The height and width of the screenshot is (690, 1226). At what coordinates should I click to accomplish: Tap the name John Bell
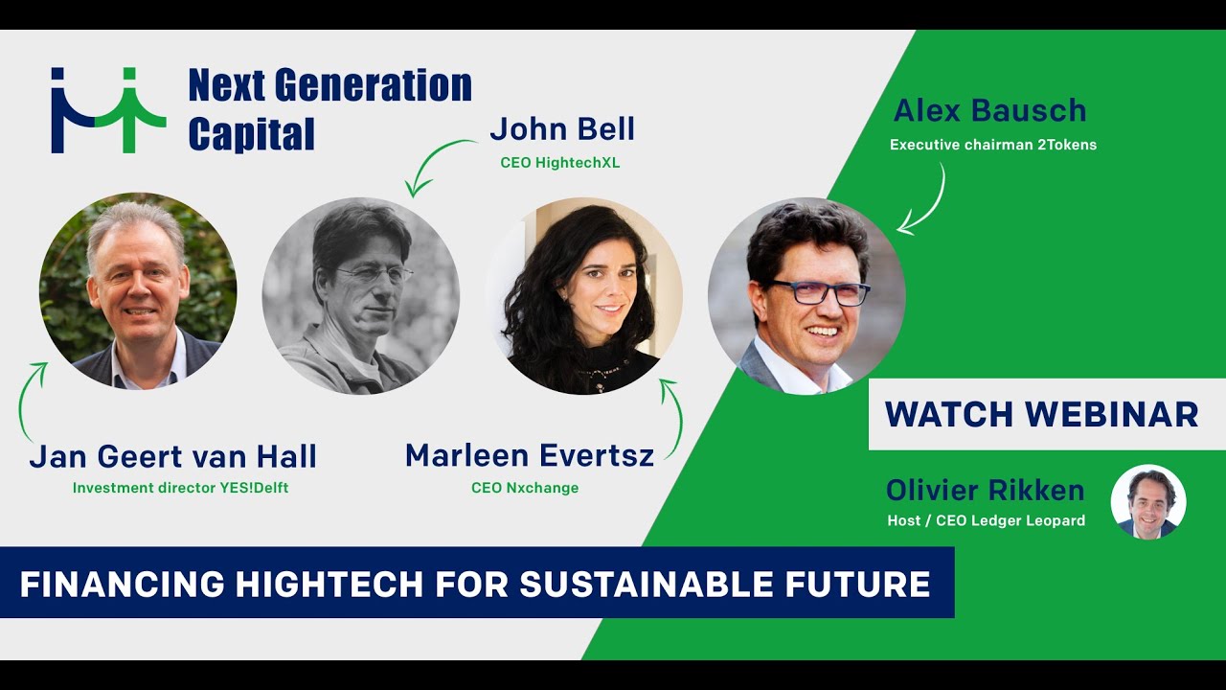(561, 129)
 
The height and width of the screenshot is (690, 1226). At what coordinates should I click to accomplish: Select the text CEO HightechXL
(559, 163)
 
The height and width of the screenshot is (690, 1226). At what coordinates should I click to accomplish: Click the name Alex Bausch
(989, 111)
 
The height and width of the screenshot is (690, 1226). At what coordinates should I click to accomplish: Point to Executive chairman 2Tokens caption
(992, 146)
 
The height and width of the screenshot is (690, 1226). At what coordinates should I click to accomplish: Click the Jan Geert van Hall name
(172, 457)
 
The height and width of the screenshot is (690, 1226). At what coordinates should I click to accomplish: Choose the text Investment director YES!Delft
(180, 488)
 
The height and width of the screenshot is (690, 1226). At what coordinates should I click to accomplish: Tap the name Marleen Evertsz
(529, 455)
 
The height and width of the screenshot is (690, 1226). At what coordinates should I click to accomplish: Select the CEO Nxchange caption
(525, 488)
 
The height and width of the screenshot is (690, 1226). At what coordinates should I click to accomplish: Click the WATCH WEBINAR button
(1041, 414)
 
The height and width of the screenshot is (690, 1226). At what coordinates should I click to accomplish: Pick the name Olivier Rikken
(985, 491)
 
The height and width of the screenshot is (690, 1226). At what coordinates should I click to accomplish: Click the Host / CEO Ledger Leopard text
(986, 521)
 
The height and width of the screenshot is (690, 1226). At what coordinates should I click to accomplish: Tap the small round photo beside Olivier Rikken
(1147, 502)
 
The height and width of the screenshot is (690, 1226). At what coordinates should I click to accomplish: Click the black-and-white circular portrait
(361, 296)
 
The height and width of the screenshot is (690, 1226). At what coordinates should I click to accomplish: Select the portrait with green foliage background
(138, 291)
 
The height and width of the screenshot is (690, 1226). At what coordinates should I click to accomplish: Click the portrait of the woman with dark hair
(584, 296)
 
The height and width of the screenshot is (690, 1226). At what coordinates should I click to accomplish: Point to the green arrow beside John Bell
(437, 163)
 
